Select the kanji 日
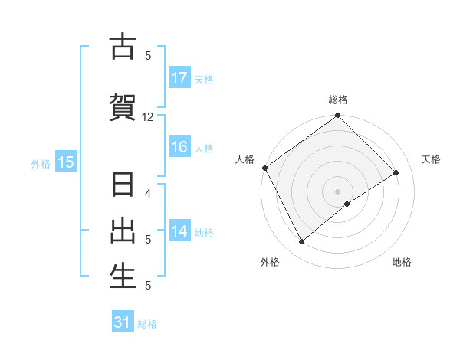click(123, 185)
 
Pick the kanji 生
click(123, 277)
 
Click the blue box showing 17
click(179, 78)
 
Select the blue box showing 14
click(179, 231)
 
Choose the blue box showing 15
click(65, 162)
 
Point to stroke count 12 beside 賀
click(148, 117)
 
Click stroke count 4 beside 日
click(148, 193)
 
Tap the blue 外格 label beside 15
click(41, 162)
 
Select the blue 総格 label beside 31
click(147, 324)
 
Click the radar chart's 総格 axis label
click(338, 100)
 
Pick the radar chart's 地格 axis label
click(402, 263)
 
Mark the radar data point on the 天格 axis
click(396, 172)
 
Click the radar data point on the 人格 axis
click(264, 168)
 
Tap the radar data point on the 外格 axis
click(301, 242)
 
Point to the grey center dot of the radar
click(338, 191)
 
